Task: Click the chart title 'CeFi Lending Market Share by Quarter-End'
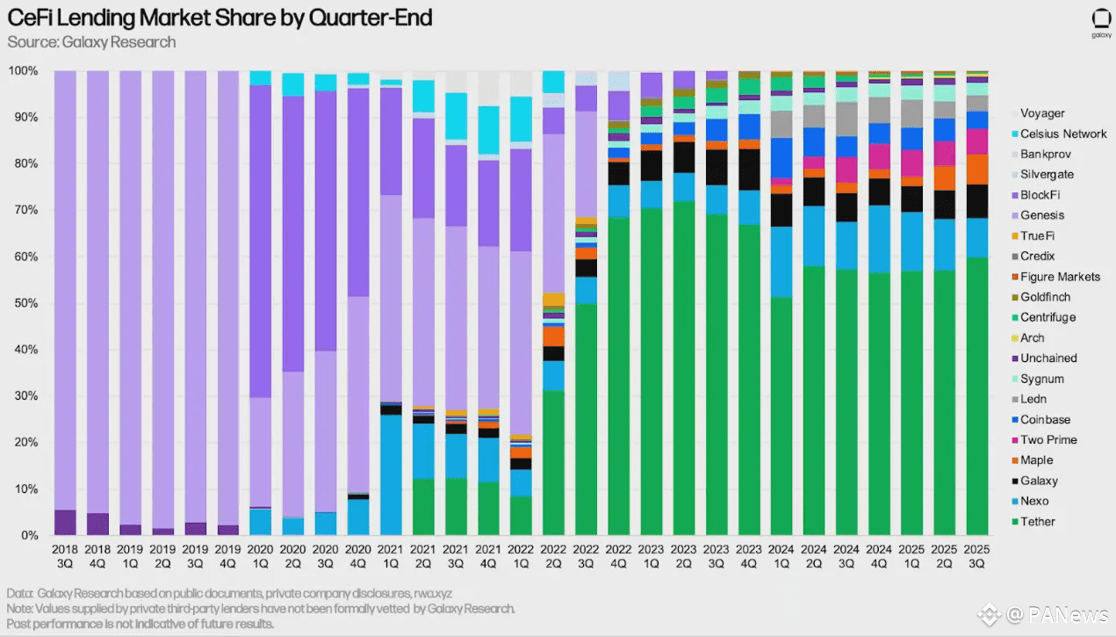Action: click(220, 18)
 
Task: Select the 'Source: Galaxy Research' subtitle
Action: click(91, 42)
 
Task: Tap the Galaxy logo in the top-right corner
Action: click(1101, 23)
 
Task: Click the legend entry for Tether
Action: click(1037, 522)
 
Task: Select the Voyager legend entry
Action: click(1042, 113)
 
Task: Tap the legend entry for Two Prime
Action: click(1048, 440)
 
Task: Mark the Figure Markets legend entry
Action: click(1060, 277)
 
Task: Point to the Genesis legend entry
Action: click(1041, 215)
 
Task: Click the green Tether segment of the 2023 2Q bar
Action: click(684, 369)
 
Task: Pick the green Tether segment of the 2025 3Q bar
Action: click(976, 395)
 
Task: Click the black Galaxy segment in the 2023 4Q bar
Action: click(749, 170)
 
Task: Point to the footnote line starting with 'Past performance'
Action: click(140, 624)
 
